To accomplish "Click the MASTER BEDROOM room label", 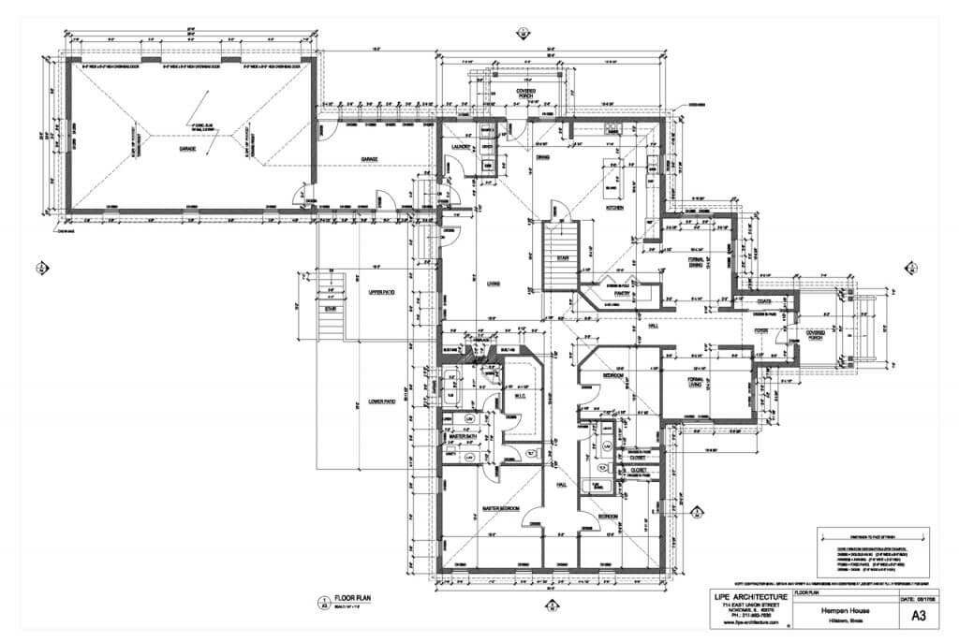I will point(501,508).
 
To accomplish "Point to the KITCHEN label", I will point(616,207).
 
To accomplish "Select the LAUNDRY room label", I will point(460,147).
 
